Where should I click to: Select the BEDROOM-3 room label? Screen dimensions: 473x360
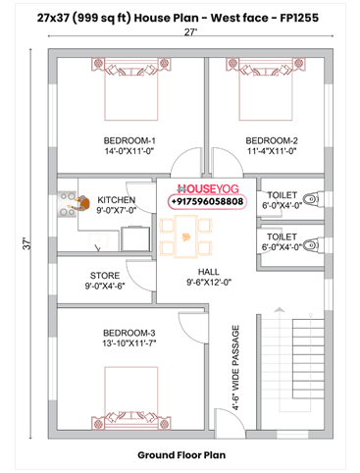[117, 335]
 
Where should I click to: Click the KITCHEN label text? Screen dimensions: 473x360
[116, 199]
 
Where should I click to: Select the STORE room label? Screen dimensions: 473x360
[106, 276]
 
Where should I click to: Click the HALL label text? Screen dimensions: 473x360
[208, 271]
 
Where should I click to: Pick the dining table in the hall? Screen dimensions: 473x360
[183, 234]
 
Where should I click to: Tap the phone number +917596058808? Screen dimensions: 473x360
[207, 201]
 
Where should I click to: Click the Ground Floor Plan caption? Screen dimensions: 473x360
[180, 455]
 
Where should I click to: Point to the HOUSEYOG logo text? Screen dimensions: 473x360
[207, 187]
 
